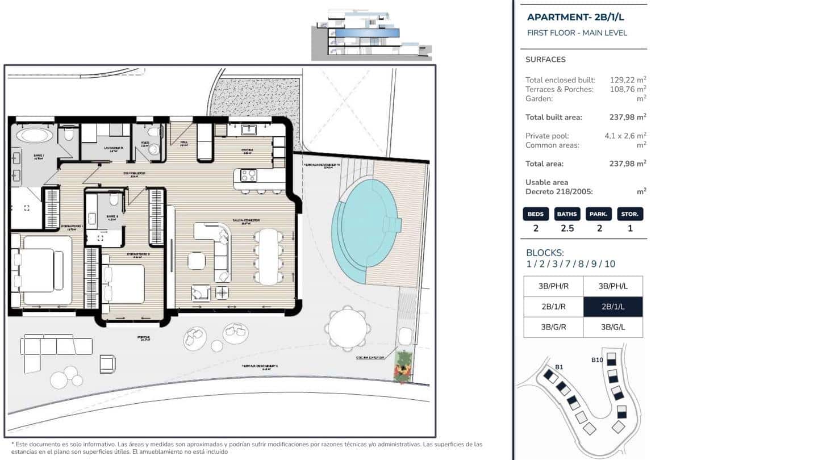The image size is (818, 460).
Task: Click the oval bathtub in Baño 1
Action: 35,135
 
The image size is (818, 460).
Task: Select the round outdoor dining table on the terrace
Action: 348,328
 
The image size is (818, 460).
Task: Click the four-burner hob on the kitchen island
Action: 249,175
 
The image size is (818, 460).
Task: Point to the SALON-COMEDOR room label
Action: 246,220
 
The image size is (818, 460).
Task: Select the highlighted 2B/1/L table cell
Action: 613,307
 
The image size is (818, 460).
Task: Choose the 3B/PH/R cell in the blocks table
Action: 553,286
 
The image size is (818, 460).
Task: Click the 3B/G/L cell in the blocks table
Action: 613,327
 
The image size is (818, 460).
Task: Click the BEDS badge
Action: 536,214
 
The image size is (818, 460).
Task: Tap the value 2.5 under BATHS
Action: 567,229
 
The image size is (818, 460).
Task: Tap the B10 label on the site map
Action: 597,359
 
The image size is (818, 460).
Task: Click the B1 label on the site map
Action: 559,367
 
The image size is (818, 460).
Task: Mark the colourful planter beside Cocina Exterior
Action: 403,367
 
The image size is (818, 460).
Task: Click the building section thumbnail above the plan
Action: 372,35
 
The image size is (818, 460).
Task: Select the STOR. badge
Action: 630,214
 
